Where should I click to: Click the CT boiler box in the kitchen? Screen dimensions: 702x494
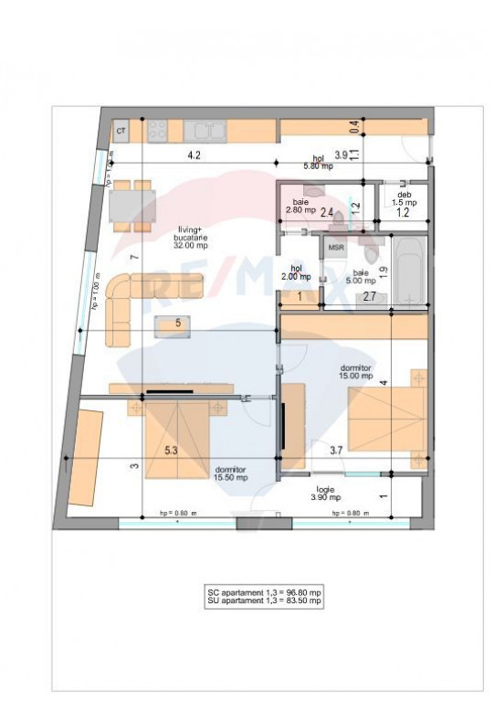[121, 132]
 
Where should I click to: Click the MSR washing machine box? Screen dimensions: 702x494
[336, 247]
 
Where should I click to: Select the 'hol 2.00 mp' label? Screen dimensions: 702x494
[296, 272]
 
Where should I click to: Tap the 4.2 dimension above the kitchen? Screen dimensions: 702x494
[194, 155]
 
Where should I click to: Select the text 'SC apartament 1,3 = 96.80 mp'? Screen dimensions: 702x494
[264, 593]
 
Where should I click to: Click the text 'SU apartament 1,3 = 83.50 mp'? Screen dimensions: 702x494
[264, 601]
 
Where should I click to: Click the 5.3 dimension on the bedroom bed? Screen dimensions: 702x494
[171, 451]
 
